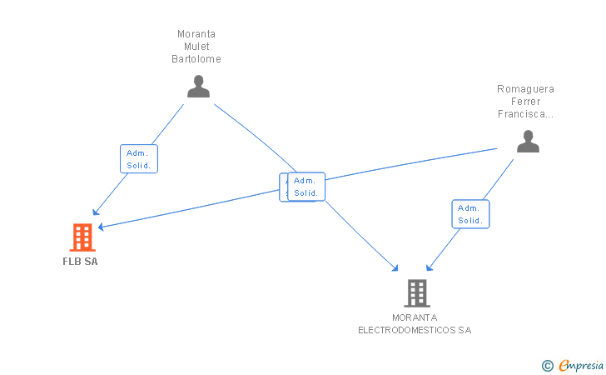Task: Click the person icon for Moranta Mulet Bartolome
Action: coord(198,87)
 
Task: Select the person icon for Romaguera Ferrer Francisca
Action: coord(528,142)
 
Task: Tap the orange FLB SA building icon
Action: coord(82,237)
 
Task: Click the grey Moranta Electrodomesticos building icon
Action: coord(416,292)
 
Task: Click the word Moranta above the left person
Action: coord(196,34)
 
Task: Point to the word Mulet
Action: coord(196,47)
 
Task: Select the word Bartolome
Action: coord(196,59)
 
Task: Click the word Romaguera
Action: coord(525,89)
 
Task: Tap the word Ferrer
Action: coord(525,102)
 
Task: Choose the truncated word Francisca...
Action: coord(525,114)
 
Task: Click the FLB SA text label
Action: coord(81,261)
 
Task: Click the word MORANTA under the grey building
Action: coord(415,317)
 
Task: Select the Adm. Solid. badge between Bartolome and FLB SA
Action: coord(138,158)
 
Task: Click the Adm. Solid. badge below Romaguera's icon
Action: coord(470,214)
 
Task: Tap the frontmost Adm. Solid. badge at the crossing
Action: coord(306,187)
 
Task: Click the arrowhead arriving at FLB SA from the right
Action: coord(101,226)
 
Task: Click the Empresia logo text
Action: coord(582,365)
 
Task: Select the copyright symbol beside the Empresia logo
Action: coord(547,365)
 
